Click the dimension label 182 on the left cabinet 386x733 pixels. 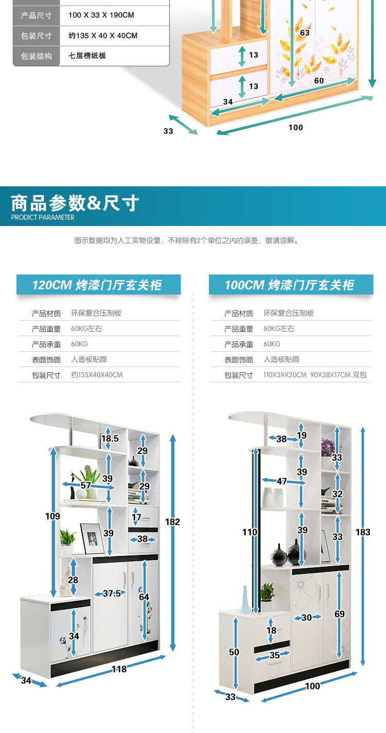click(x=172, y=522)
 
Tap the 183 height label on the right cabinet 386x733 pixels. click(x=363, y=532)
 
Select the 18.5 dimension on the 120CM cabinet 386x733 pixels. click(x=110, y=439)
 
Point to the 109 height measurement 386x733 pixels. click(x=52, y=516)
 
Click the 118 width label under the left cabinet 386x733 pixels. click(x=119, y=669)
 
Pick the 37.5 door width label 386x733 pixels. click(x=112, y=594)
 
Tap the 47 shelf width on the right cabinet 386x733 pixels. click(x=282, y=481)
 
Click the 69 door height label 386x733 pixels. click(x=339, y=614)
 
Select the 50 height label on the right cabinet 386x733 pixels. click(x=234, y=652)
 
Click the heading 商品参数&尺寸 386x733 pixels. click(x=75, y=203)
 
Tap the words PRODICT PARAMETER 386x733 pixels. click(x=43, y=217)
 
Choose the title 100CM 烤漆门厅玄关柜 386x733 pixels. click(x=289, y=285)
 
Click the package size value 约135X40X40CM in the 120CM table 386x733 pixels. click(x=97, y=375)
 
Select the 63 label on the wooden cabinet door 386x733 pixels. click(x=305, y=33)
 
